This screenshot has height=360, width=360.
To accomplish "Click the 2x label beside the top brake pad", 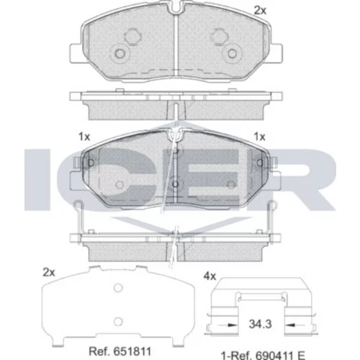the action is coord(260,11).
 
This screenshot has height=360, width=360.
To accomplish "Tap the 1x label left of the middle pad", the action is coord(84,137).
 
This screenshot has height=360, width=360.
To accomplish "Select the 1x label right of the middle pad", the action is coord(260,137).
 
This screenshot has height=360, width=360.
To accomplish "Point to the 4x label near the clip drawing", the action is coord(210,276).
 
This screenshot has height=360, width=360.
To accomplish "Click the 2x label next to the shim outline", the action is coord(49,273).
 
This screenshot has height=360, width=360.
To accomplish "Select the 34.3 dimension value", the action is coord(260,324).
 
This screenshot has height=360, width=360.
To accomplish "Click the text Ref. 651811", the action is coord(120,351).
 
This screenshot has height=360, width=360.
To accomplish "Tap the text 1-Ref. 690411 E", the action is coord(263,355).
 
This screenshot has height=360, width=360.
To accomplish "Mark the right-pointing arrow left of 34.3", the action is coord(227,325).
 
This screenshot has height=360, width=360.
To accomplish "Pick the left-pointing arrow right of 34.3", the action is coord(294,325).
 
